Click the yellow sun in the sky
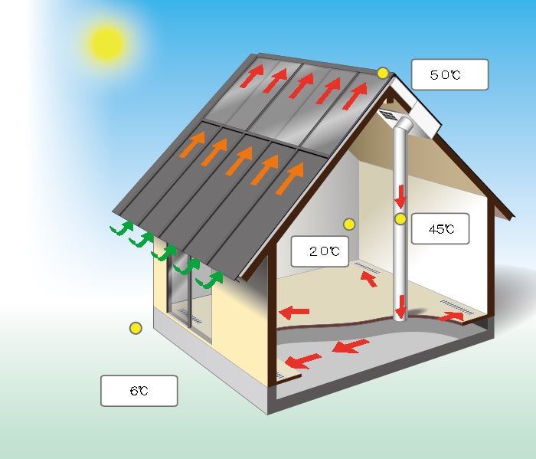coord(107,44)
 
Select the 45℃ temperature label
coord(440,228)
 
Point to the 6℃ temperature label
coord(139,391)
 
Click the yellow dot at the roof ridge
coord(383,74)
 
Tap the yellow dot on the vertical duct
coord(400,219)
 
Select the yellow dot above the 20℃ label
coord(349,225)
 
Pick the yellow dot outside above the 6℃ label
coord(136,328)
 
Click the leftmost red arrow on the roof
coord(252,76)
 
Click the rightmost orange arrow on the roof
coord(290,179)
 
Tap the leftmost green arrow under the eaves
coord(122,228)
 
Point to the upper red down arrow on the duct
coord(400,197)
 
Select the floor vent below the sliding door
coord(191,316)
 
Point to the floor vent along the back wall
coord(367,267)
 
